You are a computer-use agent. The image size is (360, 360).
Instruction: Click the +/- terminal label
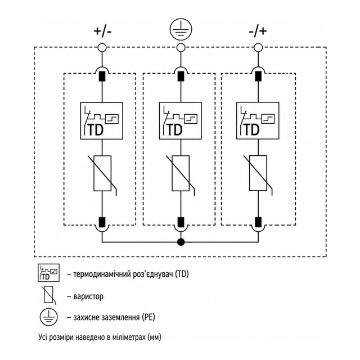[102, 31]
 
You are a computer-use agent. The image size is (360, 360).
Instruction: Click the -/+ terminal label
[258, 31]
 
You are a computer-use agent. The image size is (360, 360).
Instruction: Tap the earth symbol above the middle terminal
[181, 29]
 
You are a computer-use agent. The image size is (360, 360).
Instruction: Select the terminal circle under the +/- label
[102, 48]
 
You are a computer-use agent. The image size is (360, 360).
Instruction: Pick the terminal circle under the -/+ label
[258, 48]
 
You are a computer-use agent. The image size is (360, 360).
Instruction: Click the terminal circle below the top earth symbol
[181, 48]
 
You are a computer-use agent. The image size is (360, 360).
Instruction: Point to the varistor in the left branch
[102, 173]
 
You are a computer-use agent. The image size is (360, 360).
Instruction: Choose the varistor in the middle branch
[181, 173]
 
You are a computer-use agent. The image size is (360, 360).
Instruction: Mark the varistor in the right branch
[258, 173]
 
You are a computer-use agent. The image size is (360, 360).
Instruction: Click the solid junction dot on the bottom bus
[181, 242]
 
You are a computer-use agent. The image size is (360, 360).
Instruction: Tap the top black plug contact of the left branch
[102, 76]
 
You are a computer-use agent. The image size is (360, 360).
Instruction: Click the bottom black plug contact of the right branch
[258, 222]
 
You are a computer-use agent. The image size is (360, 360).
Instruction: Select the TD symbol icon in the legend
[49, 273]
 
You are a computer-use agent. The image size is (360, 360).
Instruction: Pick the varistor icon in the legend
[48, 295]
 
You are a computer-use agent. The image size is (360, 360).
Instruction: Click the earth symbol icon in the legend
[49, 317]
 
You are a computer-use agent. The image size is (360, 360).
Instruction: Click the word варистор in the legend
[88, 296]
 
